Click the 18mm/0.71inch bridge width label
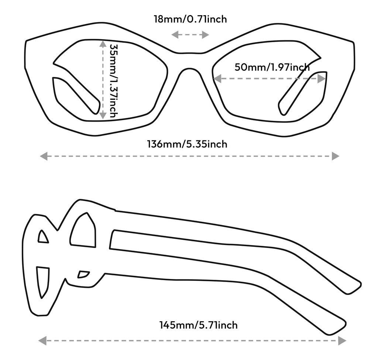190,19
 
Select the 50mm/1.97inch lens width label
272,67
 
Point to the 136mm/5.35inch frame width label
187,144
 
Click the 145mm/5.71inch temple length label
198,325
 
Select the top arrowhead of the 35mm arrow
103,44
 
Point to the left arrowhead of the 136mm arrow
44,156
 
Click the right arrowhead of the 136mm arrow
335,156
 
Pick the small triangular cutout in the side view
43,237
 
